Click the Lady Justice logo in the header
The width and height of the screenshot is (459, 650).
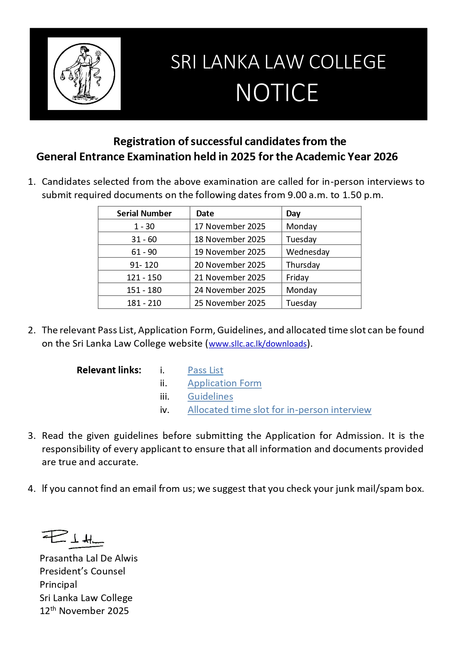pyautogui.click(x=84, y=74)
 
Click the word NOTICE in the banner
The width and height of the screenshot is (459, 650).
pyautogui.click(x=277, y=93)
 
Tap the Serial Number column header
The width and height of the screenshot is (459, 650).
pyautogui.click(x=144, y=213)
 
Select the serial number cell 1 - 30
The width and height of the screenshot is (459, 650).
pyautogui.click(x=144, y=226)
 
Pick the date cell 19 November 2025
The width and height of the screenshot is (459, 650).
pyautogui.click(x=230, y=252)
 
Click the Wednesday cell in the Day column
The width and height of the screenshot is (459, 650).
pyautogui.click(x=308, y=252)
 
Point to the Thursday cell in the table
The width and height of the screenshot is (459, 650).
pyautogui.click(x=303, y=265)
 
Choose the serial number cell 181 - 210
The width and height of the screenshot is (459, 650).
pyautogui.click(x=144, y=303)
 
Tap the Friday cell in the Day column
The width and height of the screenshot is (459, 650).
pyautogui.click(x=297, y=277)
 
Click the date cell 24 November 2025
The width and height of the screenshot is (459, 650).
pyautogui.click(x=230, y=290)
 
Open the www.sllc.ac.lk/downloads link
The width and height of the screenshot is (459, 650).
pyautogui.click(x=258, y=344)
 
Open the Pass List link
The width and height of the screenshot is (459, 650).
pyautogui.click(x=205, y=370)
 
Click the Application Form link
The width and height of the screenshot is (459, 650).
pyautogui.click(x=224, y=383)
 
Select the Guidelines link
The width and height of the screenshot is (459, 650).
pyautogui.click(x=210, y=396)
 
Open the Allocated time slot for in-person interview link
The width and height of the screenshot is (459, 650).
pyautogui.click(x=279, y=410)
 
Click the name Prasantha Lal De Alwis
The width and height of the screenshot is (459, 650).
pyautogui.click(x=88, y=558)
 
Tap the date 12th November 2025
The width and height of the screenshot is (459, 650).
pyautogui.click(x=84, y=611)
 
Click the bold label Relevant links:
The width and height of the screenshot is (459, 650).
pyautogui.click(x=109, y=370)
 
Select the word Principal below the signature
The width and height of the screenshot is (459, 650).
pyautogui.click(x=58, y=584)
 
